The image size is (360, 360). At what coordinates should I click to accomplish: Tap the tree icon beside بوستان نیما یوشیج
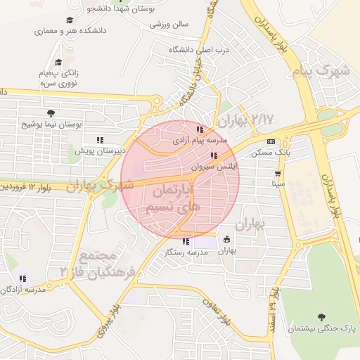50,112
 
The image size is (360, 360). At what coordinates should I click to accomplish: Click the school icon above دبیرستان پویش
100,139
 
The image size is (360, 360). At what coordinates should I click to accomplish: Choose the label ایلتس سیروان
214,168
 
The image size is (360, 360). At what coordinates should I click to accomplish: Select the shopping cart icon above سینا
278,173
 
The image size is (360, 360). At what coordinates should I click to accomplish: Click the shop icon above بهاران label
226,239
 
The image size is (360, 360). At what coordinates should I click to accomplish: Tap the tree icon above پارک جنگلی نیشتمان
322,317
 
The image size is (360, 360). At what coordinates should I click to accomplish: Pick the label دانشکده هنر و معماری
69,32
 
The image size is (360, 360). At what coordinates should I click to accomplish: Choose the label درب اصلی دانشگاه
191,50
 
